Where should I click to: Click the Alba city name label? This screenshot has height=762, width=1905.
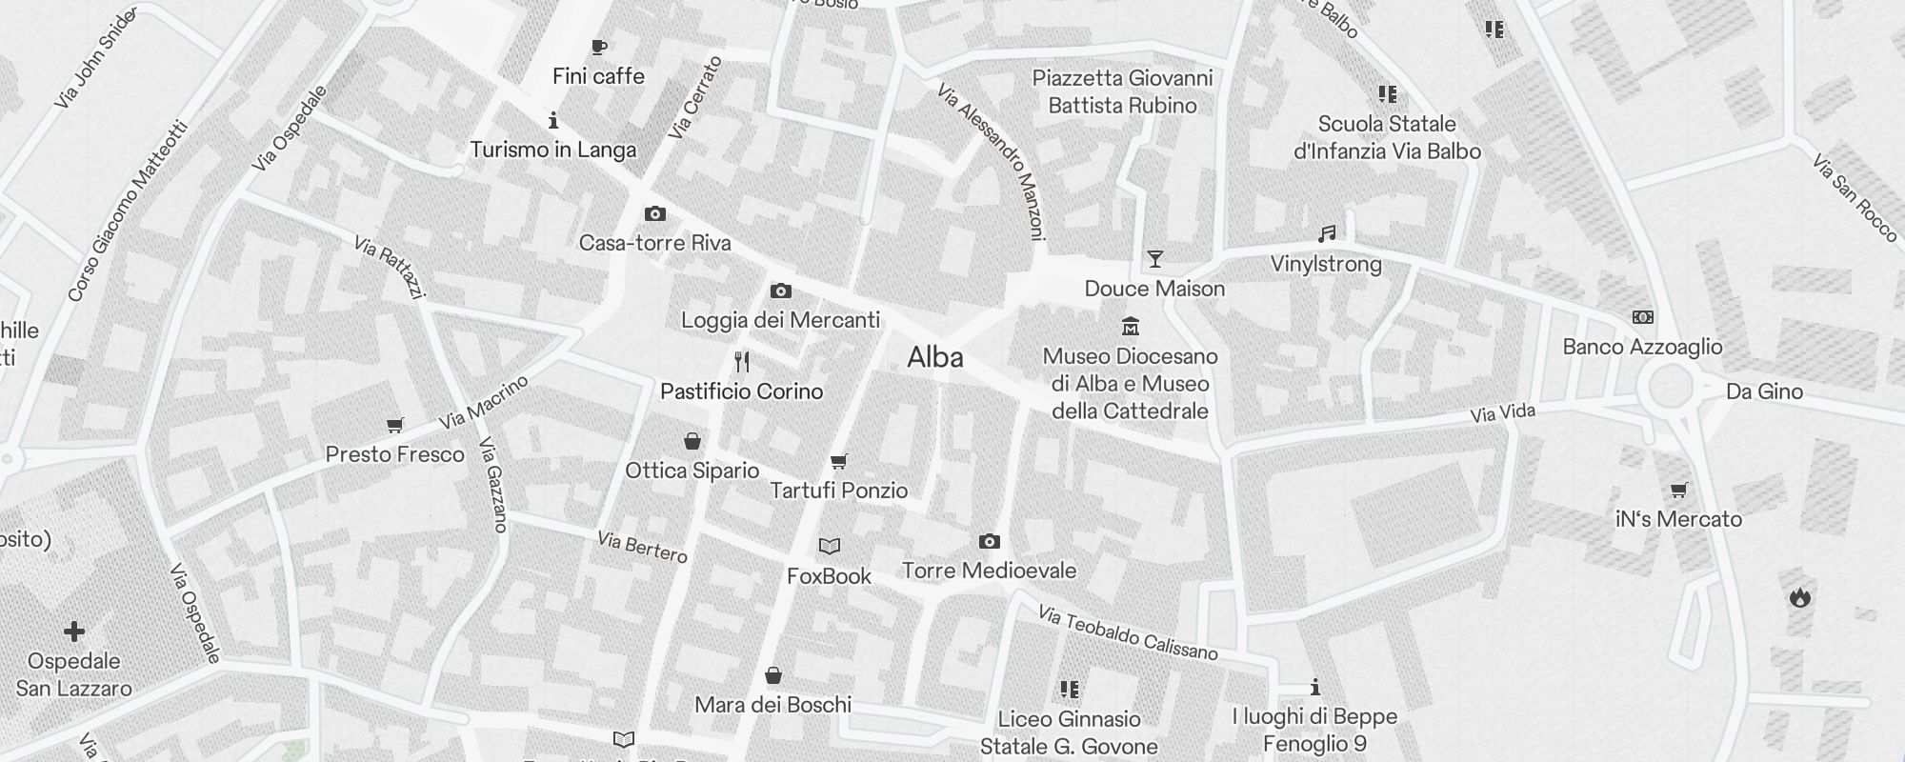click(934, 357)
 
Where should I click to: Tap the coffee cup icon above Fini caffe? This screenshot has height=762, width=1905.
click(598, 47)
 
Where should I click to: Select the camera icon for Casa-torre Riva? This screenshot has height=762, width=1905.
click(655, 214)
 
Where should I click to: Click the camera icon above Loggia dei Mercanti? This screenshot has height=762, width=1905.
click(780, 291)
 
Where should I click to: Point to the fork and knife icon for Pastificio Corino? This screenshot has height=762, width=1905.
click(742, 362)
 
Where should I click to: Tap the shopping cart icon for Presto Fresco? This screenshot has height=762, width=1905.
click(394, 425)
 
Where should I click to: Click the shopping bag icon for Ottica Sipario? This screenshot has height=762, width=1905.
click(692, 441)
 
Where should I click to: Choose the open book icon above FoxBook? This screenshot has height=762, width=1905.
click(830, 547)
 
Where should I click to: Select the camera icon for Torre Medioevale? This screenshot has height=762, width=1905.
click(990, 541)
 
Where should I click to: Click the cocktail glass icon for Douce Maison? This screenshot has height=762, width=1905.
click(1154, 259)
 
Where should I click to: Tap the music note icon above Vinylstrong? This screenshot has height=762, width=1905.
click(1326, 234)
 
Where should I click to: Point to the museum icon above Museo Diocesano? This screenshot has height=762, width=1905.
click(1131, 327)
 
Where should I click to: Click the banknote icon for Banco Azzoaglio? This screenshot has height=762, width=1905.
click(1642, 317)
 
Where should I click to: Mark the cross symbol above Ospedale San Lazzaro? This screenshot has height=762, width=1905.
click(74, 631)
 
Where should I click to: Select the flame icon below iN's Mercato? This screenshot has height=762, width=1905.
click(1799, 597)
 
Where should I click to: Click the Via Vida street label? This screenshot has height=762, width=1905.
click(1502, 413)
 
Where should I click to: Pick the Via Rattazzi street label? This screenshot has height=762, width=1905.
click(389, 267)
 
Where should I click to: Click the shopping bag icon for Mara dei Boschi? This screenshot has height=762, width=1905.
click(773, 675)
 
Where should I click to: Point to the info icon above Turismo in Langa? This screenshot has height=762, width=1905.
click(553, 120)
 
